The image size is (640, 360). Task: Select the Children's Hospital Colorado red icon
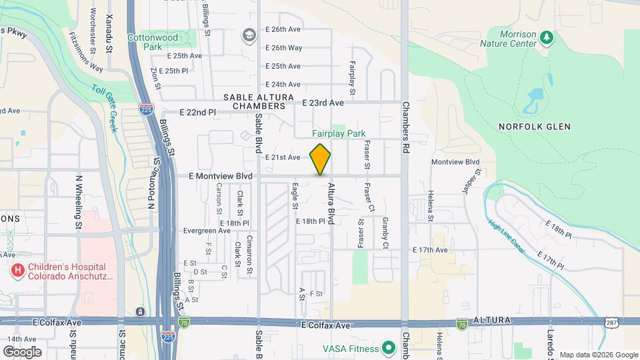tap(17, 271)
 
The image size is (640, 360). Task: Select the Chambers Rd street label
tap(405, 127)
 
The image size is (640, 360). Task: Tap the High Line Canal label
tap(506, 237)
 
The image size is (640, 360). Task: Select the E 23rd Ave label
tap(323, 103)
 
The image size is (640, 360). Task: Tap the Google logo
tap(21, 352)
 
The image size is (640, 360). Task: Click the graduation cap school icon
tap(249, 35)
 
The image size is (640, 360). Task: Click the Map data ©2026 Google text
tap(598, 355)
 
